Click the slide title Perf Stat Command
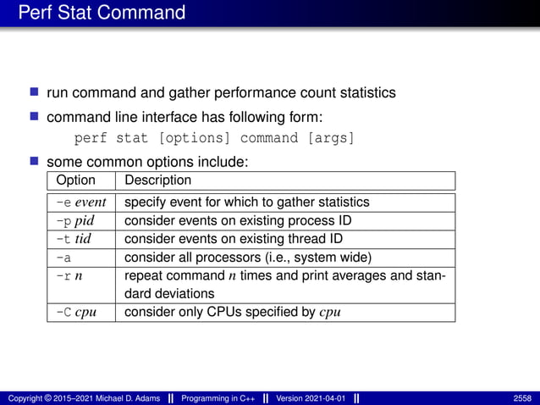click(x=102, y=13)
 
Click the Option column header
click(x=75, y=180)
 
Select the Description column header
click(x=157, y=180)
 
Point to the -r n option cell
click(x=68, y=275)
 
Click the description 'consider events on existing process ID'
click(x=237, y=220)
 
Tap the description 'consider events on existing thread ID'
click(x=233, y=238)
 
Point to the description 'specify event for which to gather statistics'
click(x=246, y=202)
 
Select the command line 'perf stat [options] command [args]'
click(x=214, y=138)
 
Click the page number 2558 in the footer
click(x=522, y=397)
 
